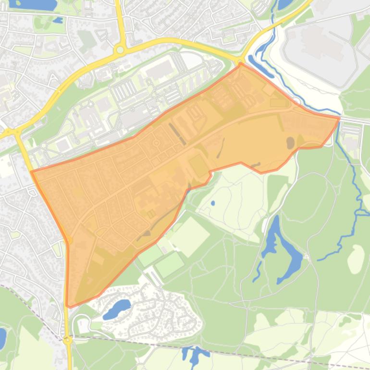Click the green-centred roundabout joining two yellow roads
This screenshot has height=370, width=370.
120,49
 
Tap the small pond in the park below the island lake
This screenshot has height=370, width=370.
58,21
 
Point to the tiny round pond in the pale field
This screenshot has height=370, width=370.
212,203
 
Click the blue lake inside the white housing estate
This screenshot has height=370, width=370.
117,307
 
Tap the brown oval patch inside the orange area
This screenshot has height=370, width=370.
290,142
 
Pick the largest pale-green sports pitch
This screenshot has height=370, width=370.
190,236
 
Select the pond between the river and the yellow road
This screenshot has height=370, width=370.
284,4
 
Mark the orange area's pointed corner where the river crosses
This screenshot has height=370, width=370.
339,118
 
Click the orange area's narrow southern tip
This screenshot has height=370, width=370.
69,305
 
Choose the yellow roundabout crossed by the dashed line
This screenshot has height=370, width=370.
67,340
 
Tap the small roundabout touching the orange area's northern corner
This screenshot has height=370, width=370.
240,61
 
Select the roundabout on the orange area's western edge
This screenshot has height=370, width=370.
69,239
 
